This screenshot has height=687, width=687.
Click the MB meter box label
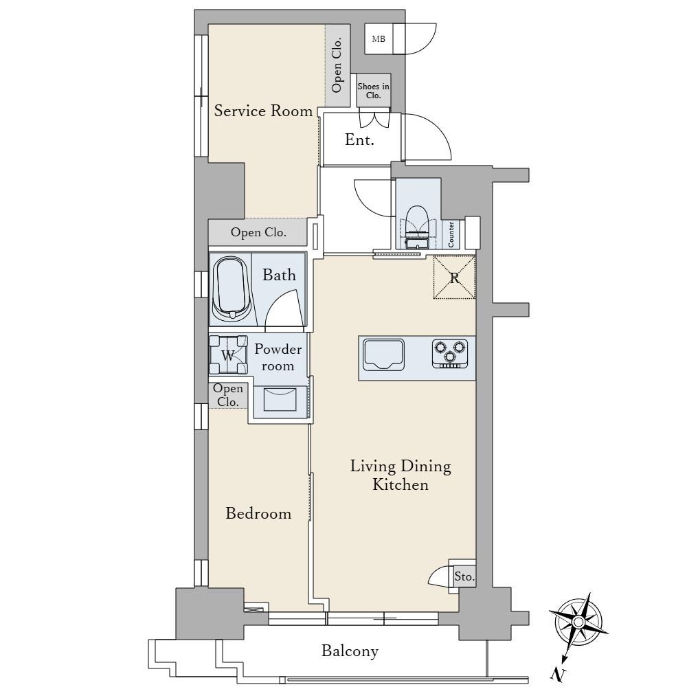[379, 39]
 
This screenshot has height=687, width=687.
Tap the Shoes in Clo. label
[373, 91]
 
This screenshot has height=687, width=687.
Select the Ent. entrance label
[359, 139]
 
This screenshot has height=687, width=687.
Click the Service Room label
[263, 111]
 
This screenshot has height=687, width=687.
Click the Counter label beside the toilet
[451, 234]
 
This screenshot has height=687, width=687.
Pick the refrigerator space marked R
[454, 278]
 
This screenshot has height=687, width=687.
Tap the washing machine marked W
[228, 355]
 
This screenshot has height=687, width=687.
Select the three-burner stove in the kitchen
[450, 353]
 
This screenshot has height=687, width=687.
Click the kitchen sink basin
[383, 354]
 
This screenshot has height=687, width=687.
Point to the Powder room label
[278, 357]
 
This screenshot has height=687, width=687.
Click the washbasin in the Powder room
[280, 399]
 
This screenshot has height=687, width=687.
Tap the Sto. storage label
[464, 576]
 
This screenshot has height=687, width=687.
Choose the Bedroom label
[258, 513]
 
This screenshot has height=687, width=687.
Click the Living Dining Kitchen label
[401, 475]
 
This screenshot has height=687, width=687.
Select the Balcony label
[350, 651]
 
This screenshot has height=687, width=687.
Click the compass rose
[578, 622]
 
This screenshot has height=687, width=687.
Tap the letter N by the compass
[559, 675]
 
